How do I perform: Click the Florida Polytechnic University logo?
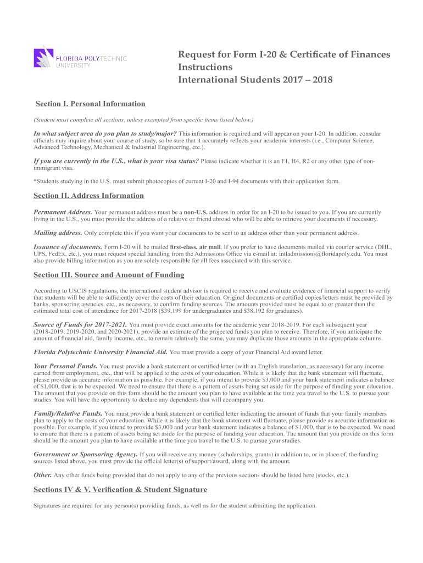tap(80, 59)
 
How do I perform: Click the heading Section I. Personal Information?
tap(90, 104)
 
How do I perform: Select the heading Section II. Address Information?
tap(88, 196)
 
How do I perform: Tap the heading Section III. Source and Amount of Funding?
tap(109, 275)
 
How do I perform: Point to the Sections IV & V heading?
tap(120, 489)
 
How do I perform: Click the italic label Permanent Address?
tap(63, 212)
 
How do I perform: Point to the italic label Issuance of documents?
tap(68, 247)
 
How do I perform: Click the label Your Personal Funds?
tap(65, 366)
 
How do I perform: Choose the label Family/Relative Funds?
tap(68, 413)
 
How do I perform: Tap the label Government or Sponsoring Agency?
tap(85, 455)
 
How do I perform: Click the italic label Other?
tap(42, 475)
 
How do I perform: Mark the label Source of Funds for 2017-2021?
tap(80, 324)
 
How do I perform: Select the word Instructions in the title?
tap(205, 67)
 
